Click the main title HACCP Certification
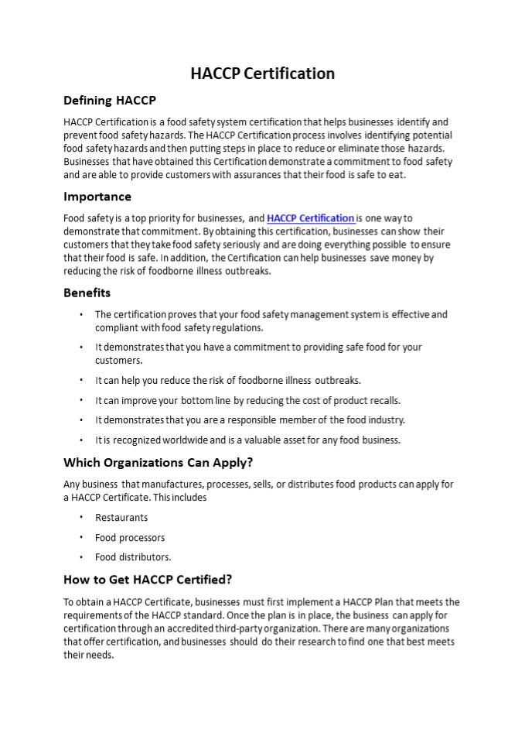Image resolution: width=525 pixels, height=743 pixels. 262,74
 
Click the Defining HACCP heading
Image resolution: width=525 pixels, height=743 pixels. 109,101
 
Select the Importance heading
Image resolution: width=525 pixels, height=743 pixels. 97,197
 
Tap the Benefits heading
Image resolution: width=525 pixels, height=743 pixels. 87,293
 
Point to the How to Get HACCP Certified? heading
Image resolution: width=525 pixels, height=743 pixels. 148,579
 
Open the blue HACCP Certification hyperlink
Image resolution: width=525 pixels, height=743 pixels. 310,218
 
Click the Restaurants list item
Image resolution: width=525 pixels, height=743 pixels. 121,517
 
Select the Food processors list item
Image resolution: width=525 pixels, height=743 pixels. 130,537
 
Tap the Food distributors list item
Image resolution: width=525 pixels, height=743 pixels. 133,556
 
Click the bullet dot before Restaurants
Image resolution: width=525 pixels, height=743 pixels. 81,517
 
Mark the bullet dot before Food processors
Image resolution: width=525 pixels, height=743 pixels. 81,537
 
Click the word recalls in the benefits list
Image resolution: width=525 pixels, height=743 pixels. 384,400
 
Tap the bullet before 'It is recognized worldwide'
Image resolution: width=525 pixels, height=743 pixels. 81,440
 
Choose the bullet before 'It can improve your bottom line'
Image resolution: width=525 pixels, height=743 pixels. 81,400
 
